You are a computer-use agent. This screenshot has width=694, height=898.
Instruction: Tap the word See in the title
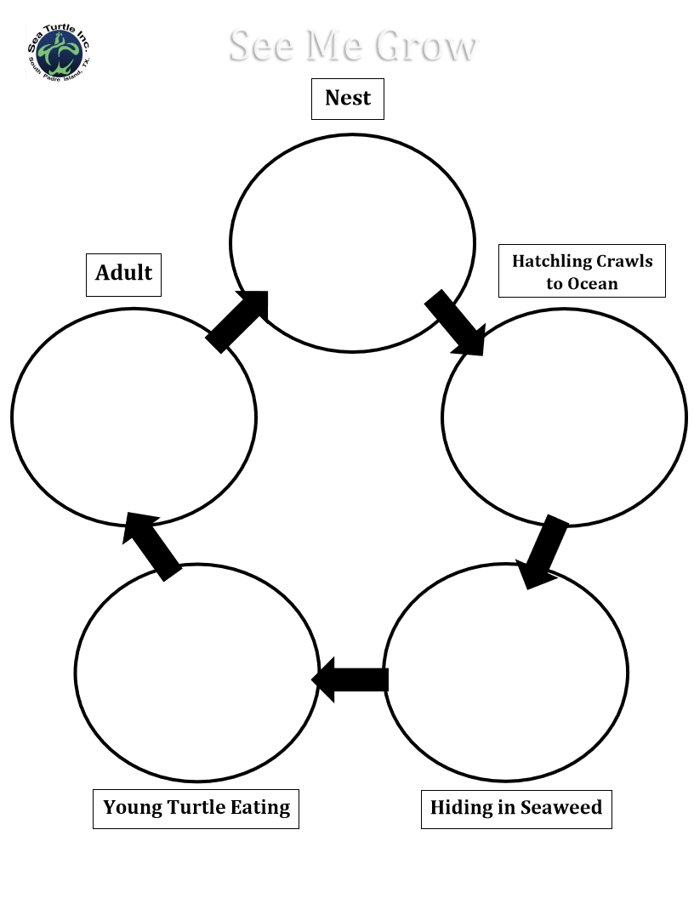click(x=263, y=45)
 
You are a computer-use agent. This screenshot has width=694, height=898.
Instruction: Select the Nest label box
click(x=348, y=99)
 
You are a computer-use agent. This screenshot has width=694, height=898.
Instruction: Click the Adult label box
click(x=123, y=275)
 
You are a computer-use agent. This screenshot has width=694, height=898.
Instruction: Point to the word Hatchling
click(x=552, y=262)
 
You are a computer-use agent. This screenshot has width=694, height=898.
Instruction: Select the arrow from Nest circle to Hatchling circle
click(x=455, y=322)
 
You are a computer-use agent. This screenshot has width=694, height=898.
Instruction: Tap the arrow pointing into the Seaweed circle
click(x=543, y=552)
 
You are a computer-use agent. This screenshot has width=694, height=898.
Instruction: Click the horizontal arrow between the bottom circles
click(x=350, y=679)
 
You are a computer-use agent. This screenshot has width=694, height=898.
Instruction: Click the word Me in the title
click(x=336, y=45)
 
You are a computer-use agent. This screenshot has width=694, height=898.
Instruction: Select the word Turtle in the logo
click(x=60, y=29)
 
